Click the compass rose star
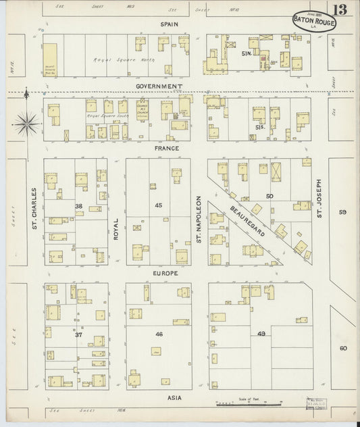[x=26, y=122]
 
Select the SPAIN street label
[x=168, y=24]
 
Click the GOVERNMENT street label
[x=159, y=86]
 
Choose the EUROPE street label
[x=165, y=273]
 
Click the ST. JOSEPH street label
[x=319, y=199]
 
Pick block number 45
[x=159, y=205]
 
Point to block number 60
[x=343, y=348]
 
